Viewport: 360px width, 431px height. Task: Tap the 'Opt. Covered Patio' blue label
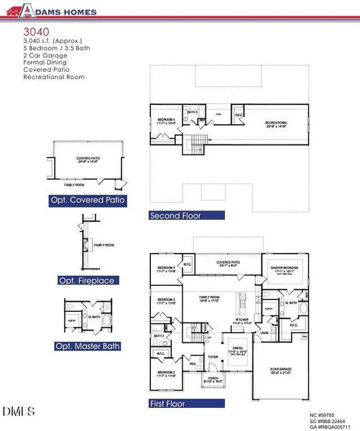(88, 201)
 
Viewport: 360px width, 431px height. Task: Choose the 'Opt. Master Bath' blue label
(88, 346)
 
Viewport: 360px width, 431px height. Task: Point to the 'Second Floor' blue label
(176, 215)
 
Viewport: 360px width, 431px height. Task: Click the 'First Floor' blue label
(167, 404)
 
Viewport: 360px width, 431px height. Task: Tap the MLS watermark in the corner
(19, 412)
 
